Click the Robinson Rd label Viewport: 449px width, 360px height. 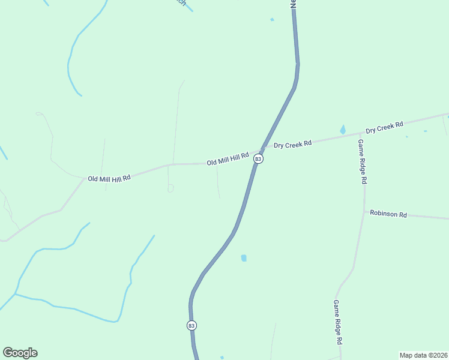pos(388,214)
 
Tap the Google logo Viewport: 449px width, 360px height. pos(20,353)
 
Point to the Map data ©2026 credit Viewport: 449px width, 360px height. pos(423,355)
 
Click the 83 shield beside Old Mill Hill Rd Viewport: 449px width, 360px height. pos(258,158)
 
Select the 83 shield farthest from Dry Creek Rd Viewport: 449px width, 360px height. pos(191,325)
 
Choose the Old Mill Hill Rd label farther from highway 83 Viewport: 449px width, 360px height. pos(109,178)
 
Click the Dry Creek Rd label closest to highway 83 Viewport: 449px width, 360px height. pos(293,144)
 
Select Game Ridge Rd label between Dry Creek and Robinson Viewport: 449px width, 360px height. pos(362,161)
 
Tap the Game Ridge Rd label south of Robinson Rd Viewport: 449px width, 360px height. pos(338,322)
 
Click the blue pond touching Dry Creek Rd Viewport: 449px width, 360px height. pos(343,130)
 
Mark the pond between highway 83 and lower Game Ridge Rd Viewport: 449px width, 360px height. pos(244,258)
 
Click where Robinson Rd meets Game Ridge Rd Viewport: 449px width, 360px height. pos(364,211)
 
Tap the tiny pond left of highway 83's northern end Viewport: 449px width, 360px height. pos(272,19)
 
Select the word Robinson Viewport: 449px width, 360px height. pos(384,214)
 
